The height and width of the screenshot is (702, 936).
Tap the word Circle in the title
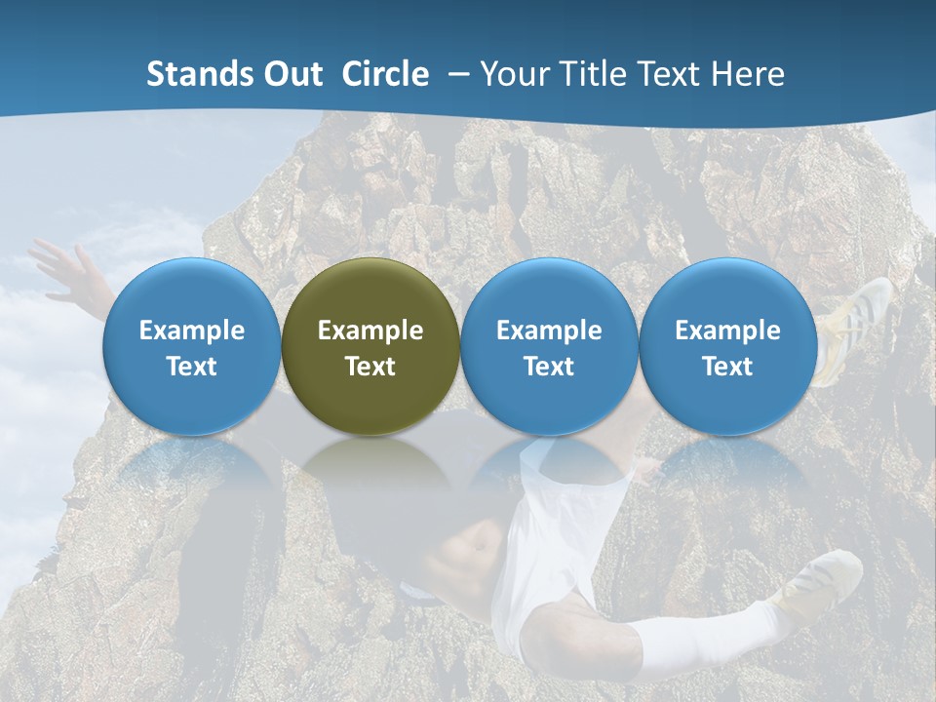385,74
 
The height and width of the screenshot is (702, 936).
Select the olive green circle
370,346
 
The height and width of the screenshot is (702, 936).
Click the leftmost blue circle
192,346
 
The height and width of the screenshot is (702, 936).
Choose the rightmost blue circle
728,346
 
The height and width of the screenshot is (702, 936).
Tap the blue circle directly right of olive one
549,346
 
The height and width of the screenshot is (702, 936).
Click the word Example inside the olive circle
370,331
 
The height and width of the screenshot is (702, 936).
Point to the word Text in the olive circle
370,367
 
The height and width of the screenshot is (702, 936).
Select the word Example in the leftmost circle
192,331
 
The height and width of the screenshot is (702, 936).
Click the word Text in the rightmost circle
728,367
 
